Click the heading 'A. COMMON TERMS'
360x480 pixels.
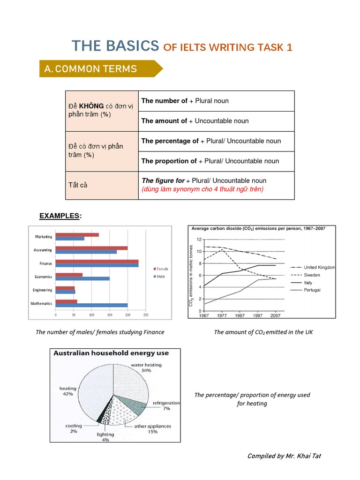(90, 69)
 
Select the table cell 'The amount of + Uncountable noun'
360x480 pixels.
(195, 121)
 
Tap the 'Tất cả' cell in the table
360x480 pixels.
(79, 185)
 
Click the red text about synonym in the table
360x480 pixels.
(202, 189)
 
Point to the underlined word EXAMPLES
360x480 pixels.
(60, 216)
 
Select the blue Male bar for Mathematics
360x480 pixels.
(91, 305)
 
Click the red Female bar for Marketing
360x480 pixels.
(77, 235)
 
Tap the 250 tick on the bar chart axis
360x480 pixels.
(145, 315)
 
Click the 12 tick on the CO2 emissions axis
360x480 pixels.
(199, 240)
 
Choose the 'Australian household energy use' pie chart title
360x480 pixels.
(111, 352)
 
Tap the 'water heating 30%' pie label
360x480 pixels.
(146, 367)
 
